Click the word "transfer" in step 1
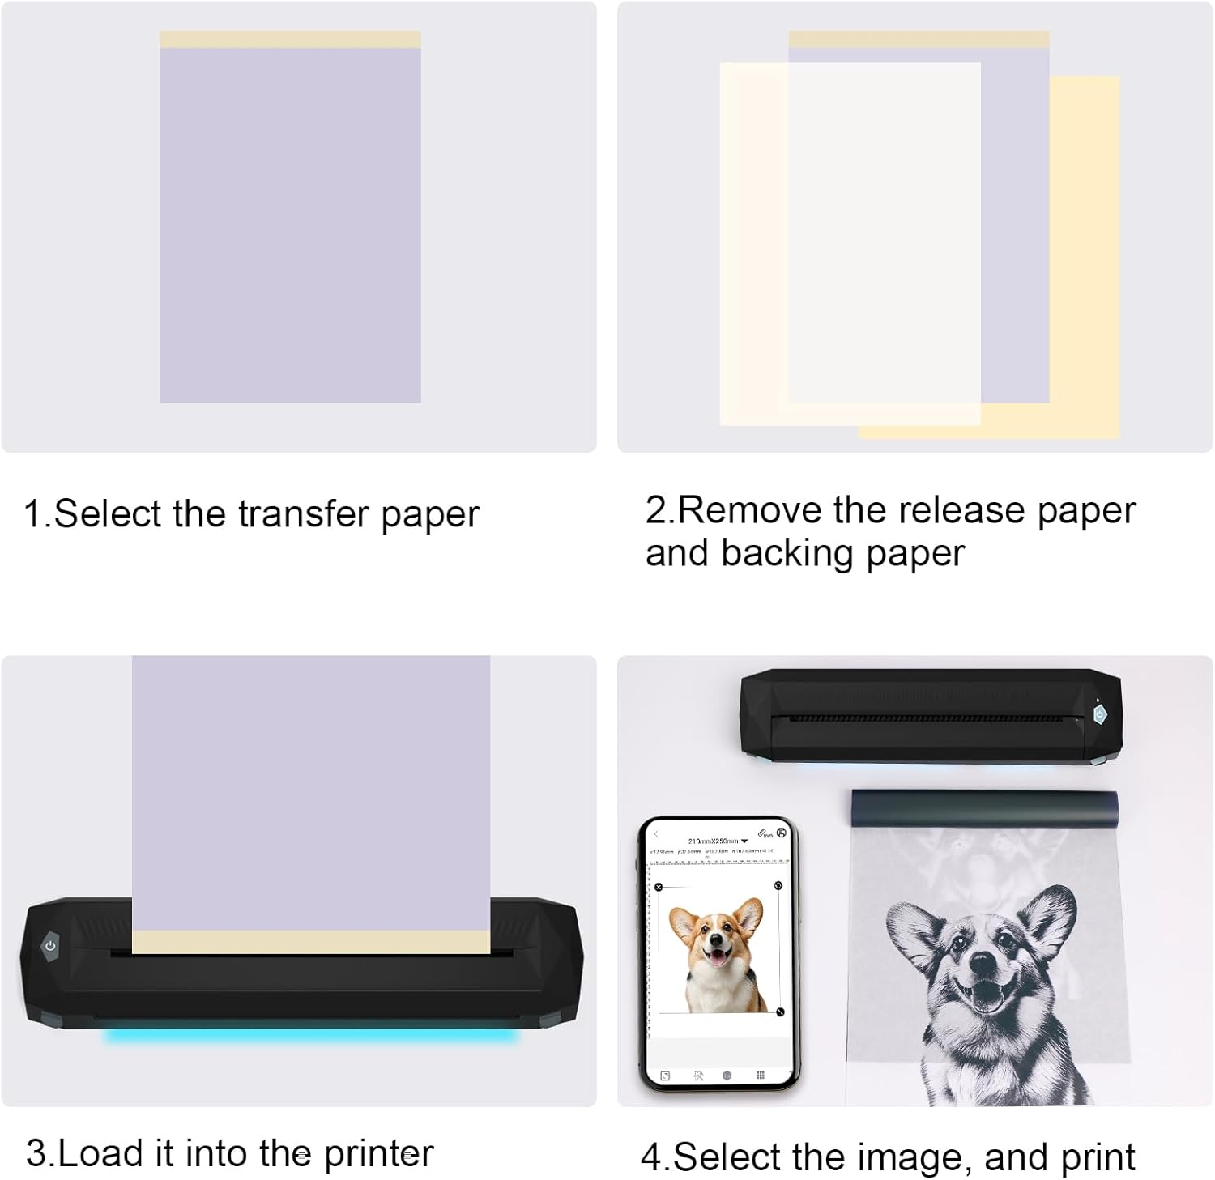(x=304, y=513)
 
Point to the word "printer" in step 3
(x=378, y=1153)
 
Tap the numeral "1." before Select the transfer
(x=37, y=513)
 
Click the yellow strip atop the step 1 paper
(x=290, y=40)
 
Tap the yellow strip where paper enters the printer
(x=311, y=941)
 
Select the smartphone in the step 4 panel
(x=719, y=954)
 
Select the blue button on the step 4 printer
(x=1099, y=714)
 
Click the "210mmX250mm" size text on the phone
(x=713, y=841)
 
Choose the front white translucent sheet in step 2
(x=850, y=243)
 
